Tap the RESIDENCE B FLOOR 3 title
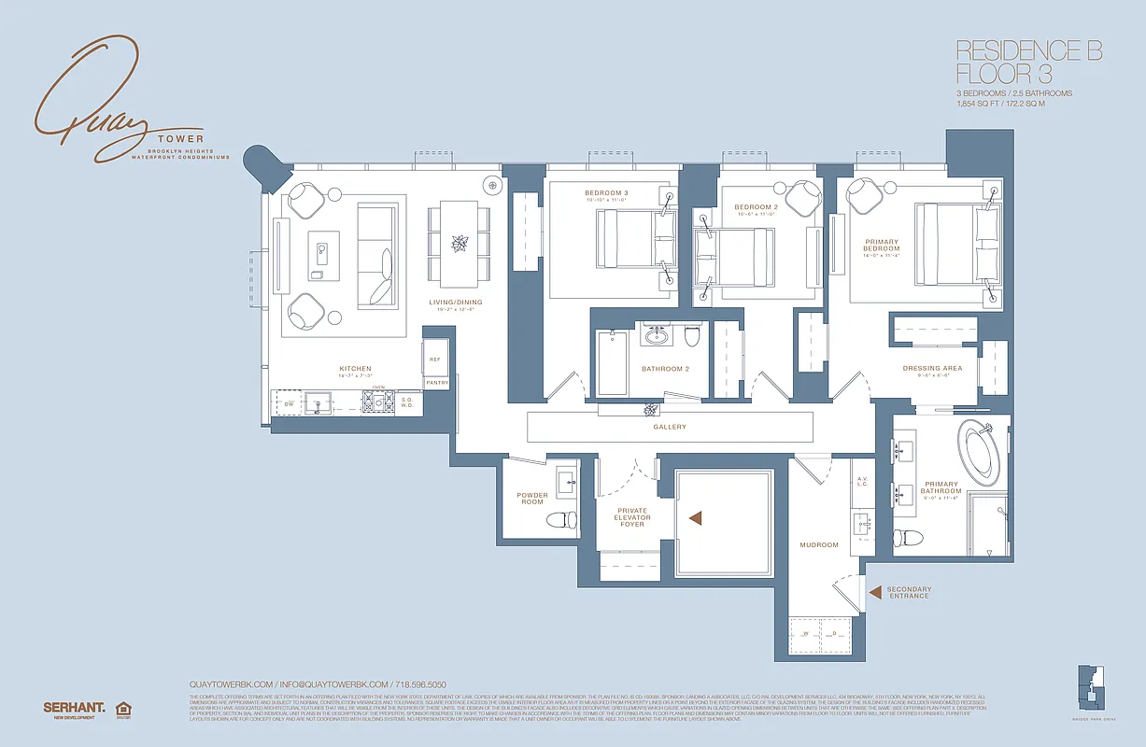pyautogui.click(x=1028, y=62)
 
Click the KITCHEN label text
pyautogui.click(x=355, y=369)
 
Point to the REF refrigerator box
pyautogui.click(x=435, y=359)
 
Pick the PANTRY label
pyautogui.click(x=436, y=383)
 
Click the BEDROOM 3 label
pyautogui.click(x=606, y=193)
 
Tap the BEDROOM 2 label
pyautogui.click(x=755, y=207)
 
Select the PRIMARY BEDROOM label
pyautogui.click(x=882, y=246)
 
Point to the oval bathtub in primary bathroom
pyautogui.click(x=980, y=447)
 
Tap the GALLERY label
pyautogui.click(x=670, y=427)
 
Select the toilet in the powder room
pyautogui.click(x=560, y=521)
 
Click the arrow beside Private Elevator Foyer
pyautogui.click(x=694, y=517)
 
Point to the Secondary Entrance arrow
pyautogui.click(x=874, y=591)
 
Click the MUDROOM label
pyautogui.click(x=818, y=544)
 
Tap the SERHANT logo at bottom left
pyautogui.click(x=74, y=708)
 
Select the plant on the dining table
pyautogui.click(x=459, y=244)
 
